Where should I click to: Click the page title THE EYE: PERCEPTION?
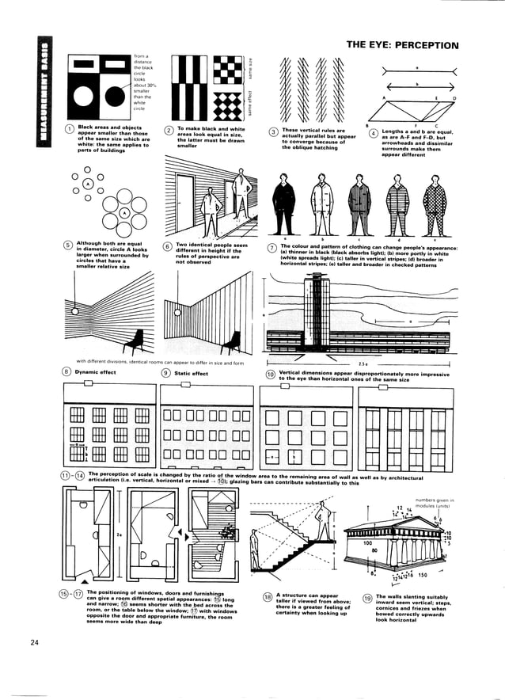pyautogui.click(x=402, y=45)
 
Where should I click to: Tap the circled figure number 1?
pyautogui.click(x=70, y=129)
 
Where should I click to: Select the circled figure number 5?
pyautogui.click(x=69, y=245)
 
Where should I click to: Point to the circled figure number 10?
pyautogui.click(x=270, y=373)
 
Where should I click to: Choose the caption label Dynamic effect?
pyautogui.click(x=96, y=373)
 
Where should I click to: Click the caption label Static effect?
pyautogui.click(x=191, y=373)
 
